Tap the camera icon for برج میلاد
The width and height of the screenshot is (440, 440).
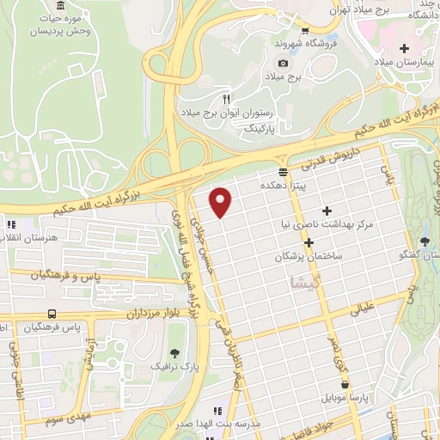[282, 64]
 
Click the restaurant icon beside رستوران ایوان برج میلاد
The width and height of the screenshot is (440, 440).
[227, 98]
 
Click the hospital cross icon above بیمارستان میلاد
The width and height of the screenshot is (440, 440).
[404, 47]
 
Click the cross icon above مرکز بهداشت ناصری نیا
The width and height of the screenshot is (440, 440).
[326, 211]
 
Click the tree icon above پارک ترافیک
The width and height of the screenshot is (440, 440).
[175, 353]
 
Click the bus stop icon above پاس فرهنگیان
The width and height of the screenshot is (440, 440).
[53, 315]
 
